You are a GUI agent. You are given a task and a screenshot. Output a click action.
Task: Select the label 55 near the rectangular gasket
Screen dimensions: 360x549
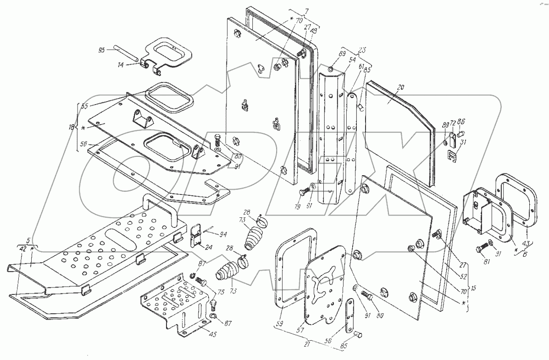tap(84, 105)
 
